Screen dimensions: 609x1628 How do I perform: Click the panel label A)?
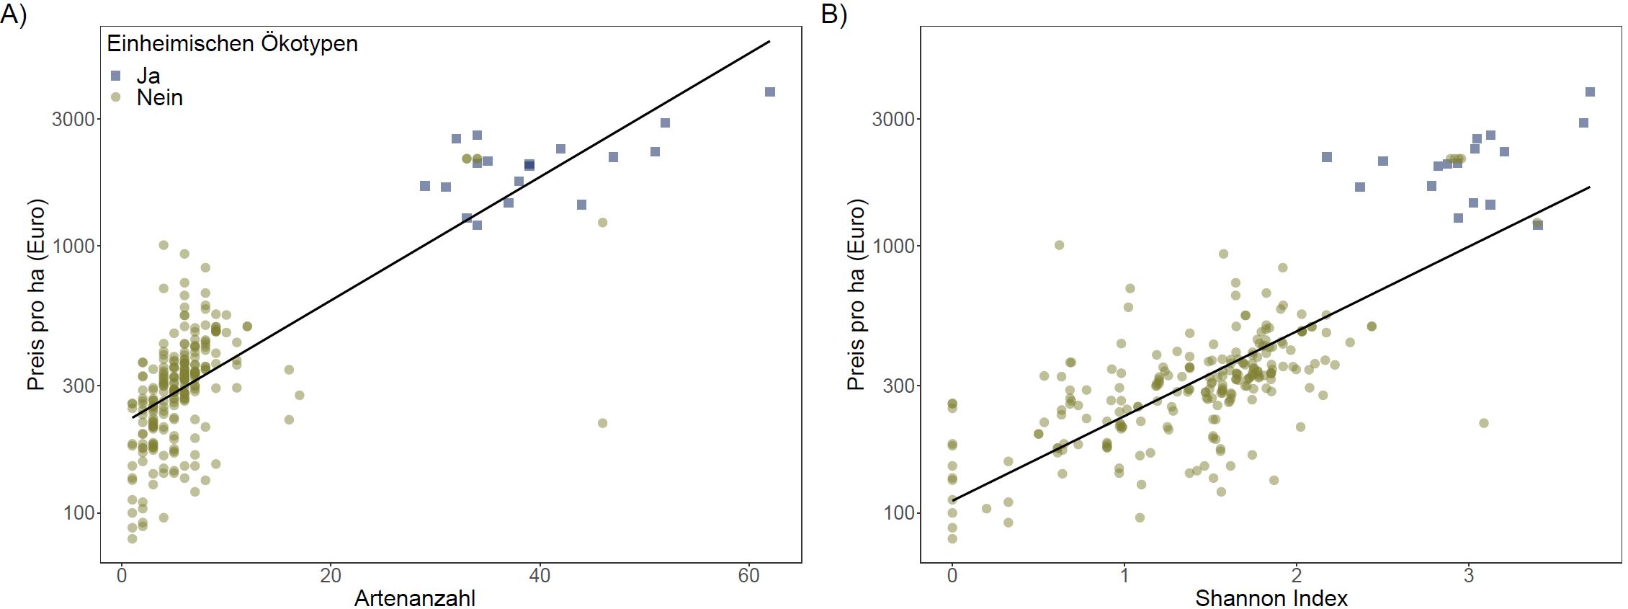point(13,14)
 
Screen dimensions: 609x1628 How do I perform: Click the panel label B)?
point(833,14)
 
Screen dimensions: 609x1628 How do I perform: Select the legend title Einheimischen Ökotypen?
point(232,44)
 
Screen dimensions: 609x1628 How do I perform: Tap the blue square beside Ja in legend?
point(116,76)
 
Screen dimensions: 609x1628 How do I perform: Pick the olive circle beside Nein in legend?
point(116,97)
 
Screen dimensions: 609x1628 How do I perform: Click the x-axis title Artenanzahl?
point(415,598)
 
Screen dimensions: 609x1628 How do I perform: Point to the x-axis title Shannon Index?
point(1271,598)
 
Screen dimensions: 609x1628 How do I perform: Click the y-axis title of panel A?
point(36,294)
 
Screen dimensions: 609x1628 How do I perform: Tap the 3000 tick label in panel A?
point(73,119)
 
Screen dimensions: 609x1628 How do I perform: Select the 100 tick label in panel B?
point(898,513)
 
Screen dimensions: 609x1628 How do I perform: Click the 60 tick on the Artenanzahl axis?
point(749,575)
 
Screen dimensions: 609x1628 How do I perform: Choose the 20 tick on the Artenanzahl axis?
point(331,575)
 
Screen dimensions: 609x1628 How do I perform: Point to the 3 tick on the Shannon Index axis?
point(1469,575)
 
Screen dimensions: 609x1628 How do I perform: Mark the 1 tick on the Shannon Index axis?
point(1124,575)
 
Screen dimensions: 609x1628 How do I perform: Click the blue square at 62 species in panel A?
point(770,92)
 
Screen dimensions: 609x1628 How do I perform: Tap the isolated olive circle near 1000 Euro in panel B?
point(1059,245)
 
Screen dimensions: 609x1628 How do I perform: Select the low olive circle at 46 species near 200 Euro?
point(602,423)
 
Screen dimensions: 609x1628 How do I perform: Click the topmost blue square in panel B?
point(1590,92)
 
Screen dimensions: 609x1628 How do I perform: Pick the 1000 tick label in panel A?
point(73,246)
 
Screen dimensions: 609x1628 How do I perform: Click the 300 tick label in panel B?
point(898,386)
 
